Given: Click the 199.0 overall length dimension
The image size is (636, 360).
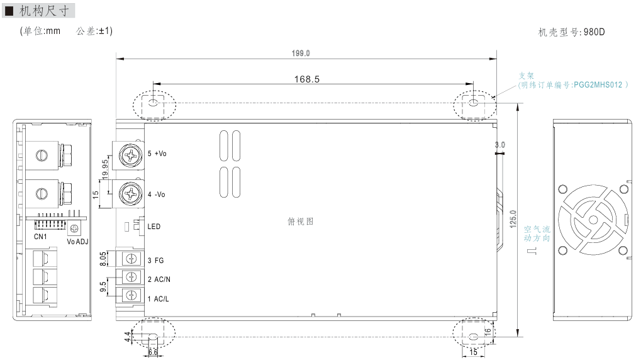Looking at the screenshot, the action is (301, 53).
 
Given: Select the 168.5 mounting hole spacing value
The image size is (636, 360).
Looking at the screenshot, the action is (306, 79).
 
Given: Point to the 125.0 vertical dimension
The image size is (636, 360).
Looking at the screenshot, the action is (513, 219).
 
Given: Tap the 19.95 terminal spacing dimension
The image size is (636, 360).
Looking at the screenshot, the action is (105, 169).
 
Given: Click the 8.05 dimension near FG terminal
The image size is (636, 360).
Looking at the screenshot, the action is (103, 259).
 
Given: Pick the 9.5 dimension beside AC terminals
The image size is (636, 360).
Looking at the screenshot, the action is (103, 287).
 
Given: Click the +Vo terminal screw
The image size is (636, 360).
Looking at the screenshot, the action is (130, 155).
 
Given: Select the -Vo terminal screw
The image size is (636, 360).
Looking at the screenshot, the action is (130, 194).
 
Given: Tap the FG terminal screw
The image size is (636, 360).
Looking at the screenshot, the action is (131, 259).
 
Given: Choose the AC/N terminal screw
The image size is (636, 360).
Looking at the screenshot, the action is (131, 277).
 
